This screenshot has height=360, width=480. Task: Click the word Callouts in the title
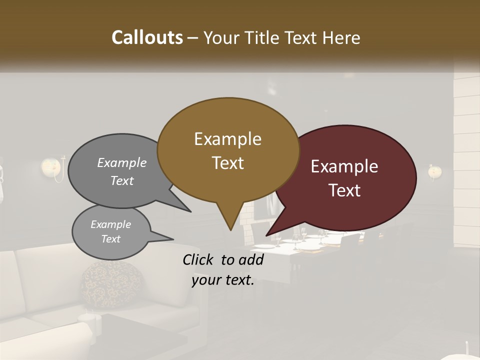coord(147,37)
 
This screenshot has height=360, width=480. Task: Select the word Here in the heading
coord(340,37)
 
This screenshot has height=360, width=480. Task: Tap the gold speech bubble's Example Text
coord(227,151)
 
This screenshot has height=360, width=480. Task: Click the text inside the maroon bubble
coord(344,178)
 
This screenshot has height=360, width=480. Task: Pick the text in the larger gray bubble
coord(122,171)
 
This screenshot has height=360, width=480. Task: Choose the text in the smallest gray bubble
coord(110,231)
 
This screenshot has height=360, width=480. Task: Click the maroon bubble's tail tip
coord(266,235)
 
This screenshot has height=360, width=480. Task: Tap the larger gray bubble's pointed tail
coord(190,211)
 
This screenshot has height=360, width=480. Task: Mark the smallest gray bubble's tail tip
coord(172,238)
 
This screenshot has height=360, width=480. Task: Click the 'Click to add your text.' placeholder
coord(223,269)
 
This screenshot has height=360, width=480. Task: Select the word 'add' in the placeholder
coord(251,259)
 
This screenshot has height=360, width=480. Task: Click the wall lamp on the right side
coord(435,171)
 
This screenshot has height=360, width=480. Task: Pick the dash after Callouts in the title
coord(193,37)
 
